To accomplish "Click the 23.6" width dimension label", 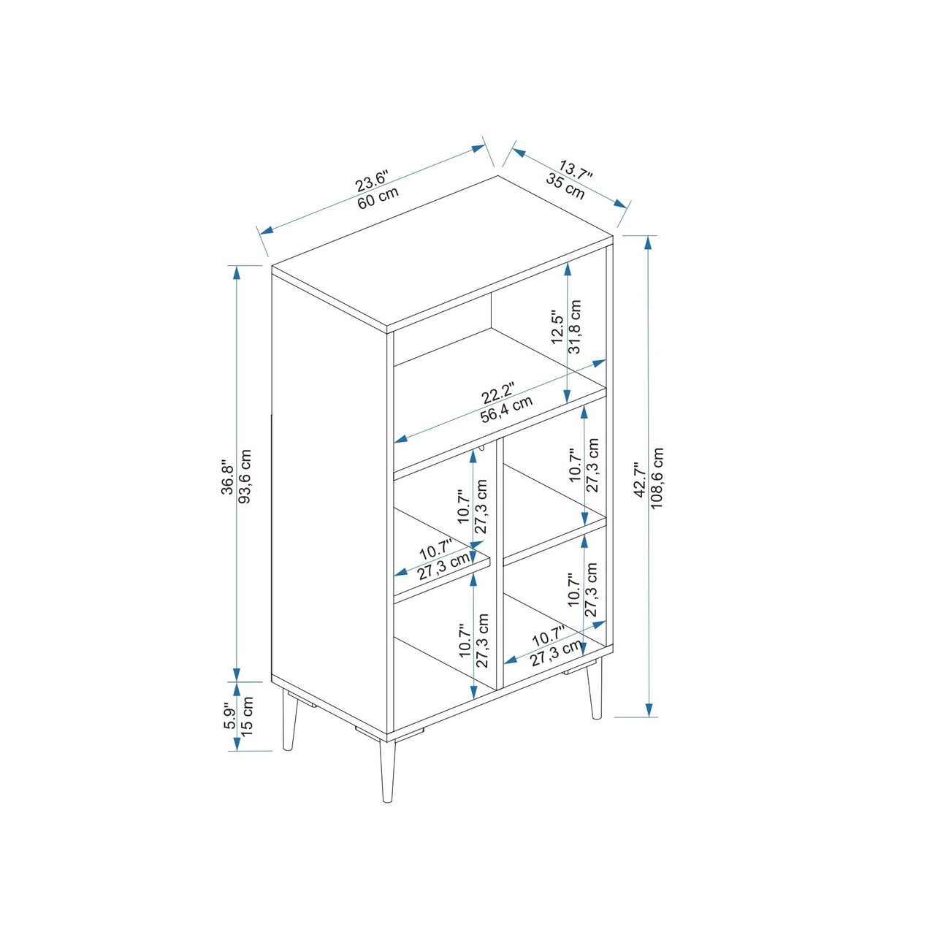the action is pyautogui.click(x=372, y=180).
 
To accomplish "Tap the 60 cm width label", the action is pyautogui.click(x=378, y=197).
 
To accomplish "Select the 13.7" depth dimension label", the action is pyautogui.click(x=575, y=171).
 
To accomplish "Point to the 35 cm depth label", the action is pyautogui.click(x=566, y=186).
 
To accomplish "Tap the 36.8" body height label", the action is pyautogui.click(x=228, y=477).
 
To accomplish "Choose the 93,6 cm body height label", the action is pyautogui.click(x=245, y=477).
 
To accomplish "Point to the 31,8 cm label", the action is pyautogui.click(x=574, y=327).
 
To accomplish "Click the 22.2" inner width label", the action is pyautogui.click(x=497, y=393).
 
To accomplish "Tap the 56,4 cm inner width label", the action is pyautogui.click(x=506, y=410).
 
